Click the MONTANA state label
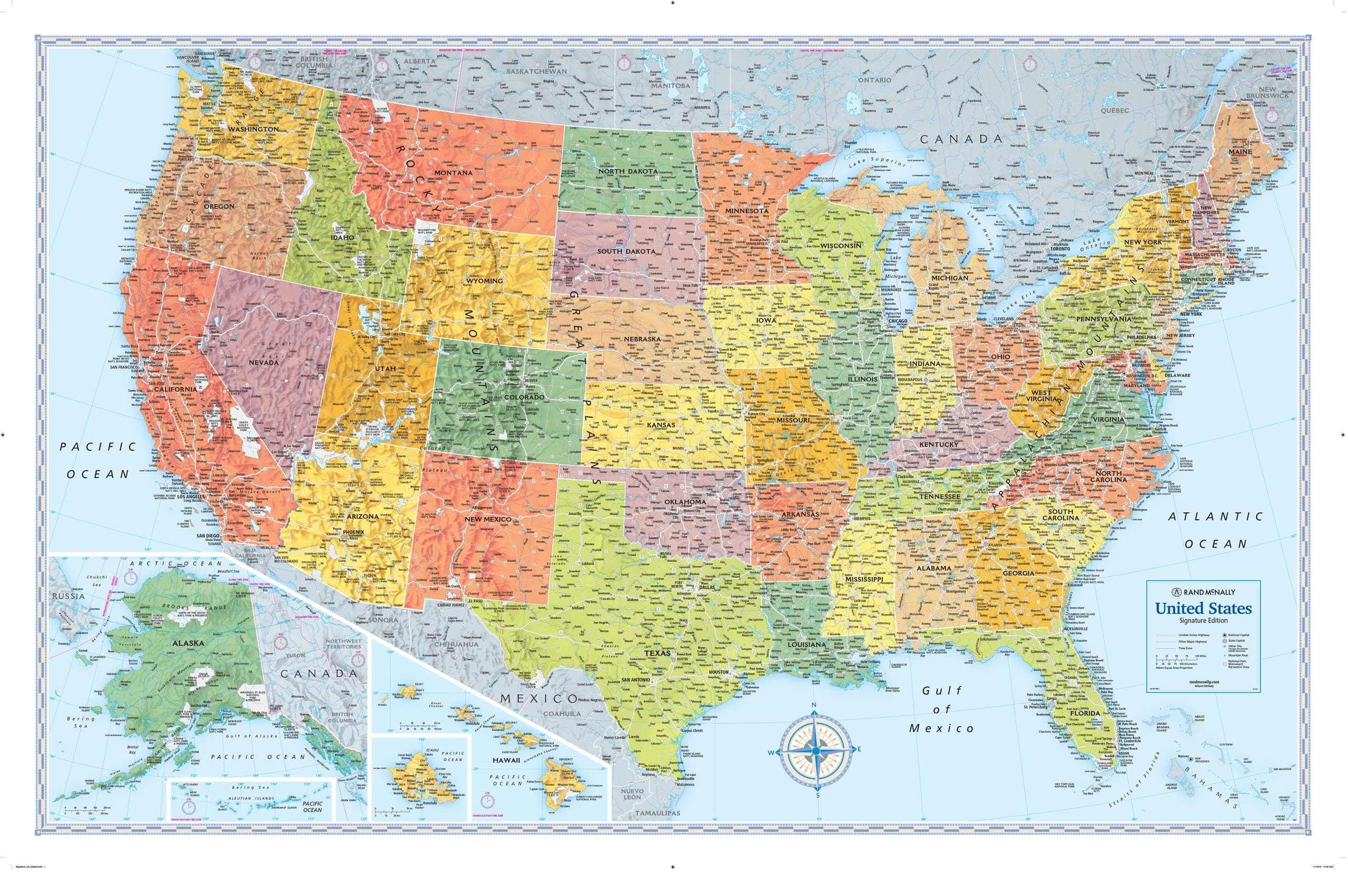[x=453, y=173]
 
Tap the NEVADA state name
[x=263, y=362]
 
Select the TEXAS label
[x=657, y=653]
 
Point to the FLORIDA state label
[x=1085, y=714]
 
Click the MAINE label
[x=1241, y=152]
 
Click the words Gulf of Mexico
[x=941, y=709]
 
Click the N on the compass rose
[x=814, y=705]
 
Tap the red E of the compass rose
[x=859, y=749]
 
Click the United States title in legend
[x=1203, y=609]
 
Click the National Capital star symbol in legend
[x=1225, y=636]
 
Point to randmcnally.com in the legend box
[x=1204, y=682]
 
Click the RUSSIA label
[x=68, y=596]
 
